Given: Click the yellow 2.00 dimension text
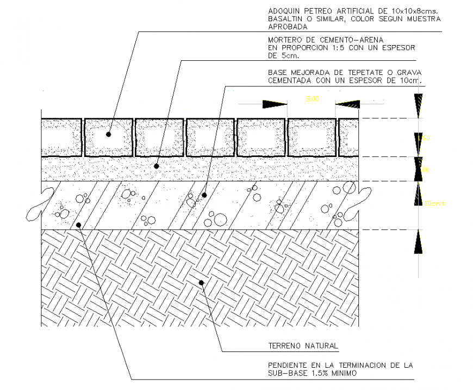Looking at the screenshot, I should [x=312, y=99].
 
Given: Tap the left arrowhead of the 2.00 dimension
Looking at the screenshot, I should [x=275, y=104].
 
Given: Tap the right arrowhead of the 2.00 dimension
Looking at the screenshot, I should [x=348, y=104].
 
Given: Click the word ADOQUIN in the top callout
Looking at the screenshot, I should [x=285, y=11].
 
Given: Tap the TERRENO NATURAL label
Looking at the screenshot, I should [x=303, y=345].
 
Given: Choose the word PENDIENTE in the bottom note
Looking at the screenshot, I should [x=289, y=365].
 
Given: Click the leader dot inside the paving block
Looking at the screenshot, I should [x=108, y=134].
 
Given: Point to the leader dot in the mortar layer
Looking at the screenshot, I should [x=157, y=166].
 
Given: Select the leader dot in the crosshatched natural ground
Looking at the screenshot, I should [x=201, y=282].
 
